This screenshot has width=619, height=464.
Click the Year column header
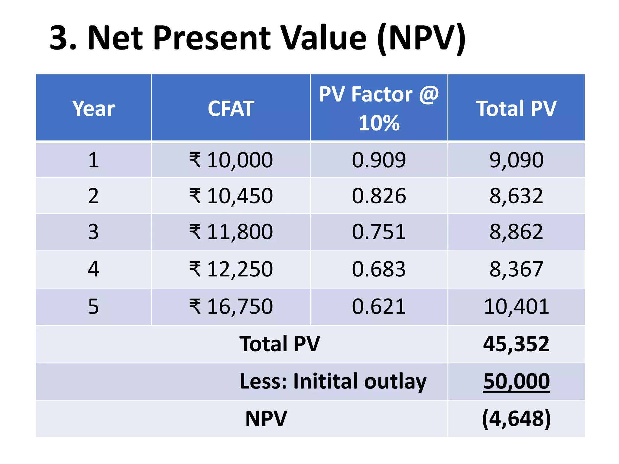tap(93, 108)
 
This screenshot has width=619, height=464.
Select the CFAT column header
tap(231, 108)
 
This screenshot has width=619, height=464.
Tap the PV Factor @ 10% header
tap(379, 108)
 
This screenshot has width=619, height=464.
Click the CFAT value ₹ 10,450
tap(231, 196)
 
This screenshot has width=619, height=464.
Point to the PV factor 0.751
tap(379, 232)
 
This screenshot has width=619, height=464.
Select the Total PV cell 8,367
tap(516, 269)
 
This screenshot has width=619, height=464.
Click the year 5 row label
tap(93, 307)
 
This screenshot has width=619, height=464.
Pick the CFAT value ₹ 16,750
tap(231, 307)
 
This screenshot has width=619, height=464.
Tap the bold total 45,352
tap(516, 344)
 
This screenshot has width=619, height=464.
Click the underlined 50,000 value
tap(516, 381)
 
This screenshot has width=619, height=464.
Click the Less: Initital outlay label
tap(333, 381)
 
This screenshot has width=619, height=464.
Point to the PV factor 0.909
tap(379, 160)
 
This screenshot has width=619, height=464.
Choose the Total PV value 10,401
tap(516, 307)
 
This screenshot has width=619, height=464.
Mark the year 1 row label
tap(93, 160)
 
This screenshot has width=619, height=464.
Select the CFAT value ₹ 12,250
tap(231, 269)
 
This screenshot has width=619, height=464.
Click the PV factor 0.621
tap(379, 307)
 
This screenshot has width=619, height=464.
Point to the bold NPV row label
tap(266, 419)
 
